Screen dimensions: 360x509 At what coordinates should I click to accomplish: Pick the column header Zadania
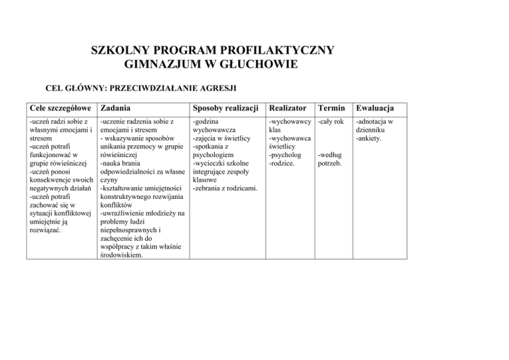pos(115,108)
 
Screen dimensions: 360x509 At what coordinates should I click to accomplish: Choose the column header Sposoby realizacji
pos(225,108)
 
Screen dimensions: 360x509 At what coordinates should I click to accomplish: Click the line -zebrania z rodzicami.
pos(225,188)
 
